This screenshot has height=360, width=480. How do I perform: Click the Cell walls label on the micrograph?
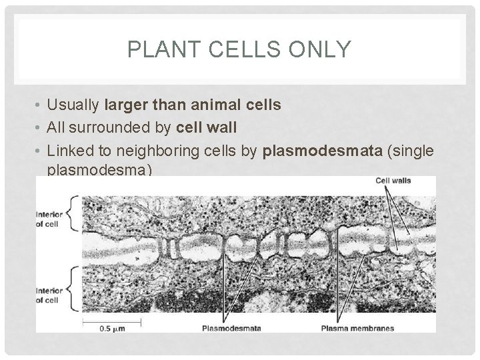pos(393,180)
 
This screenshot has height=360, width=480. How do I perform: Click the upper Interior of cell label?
pos(51,217)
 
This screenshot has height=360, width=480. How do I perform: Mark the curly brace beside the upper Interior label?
pos(73,213)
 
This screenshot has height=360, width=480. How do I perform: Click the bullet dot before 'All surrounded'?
pos(40,127)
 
